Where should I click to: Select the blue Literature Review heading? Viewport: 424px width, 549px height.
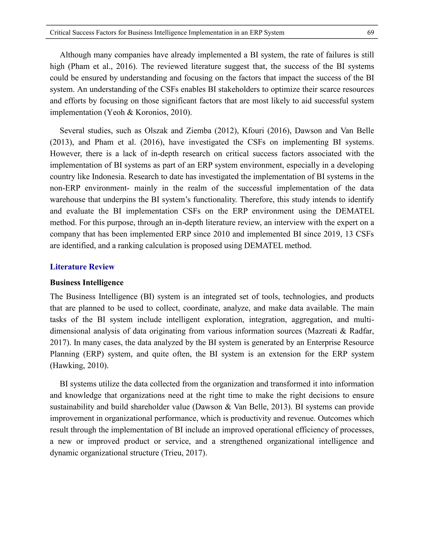pos(82,267)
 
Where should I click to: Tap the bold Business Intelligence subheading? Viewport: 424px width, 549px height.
pos(87,283)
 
